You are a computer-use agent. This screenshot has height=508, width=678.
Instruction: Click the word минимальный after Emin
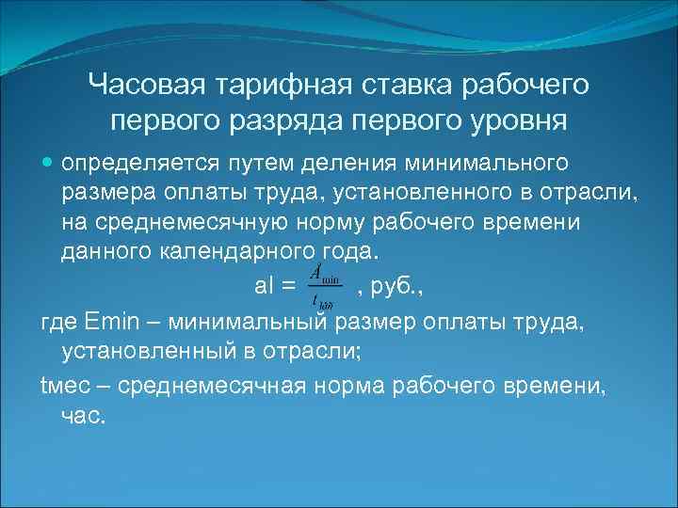tap(249, 323)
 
